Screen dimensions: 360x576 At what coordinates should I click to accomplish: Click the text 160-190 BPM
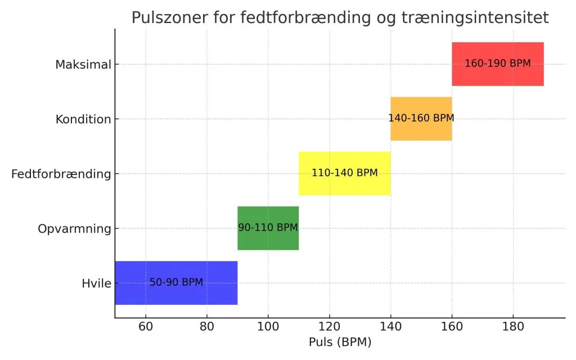click(497, 64)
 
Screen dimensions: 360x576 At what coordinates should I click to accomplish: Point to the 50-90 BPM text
click(176, 282)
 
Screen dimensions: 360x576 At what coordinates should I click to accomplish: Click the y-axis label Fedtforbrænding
click(61, 174)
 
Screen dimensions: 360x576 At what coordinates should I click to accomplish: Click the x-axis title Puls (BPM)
click(340, 342)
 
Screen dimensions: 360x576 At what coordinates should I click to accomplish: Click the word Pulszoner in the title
click(166, 18)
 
